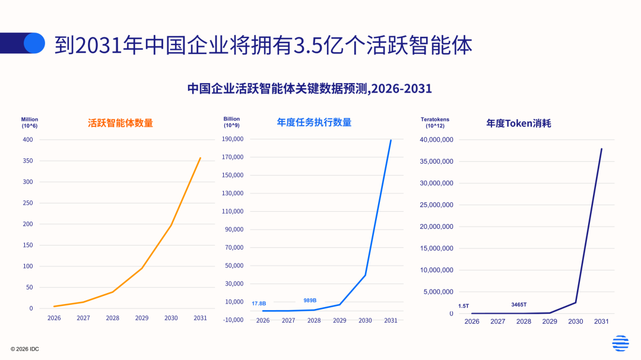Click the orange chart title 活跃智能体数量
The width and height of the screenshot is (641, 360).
click(x=120, y=123)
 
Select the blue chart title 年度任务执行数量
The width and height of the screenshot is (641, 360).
click(x=314, y=122)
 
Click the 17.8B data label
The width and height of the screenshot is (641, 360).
click(x=259, y=304)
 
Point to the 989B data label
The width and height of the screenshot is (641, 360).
click(x=310, y=301)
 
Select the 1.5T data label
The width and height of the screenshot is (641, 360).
click(x=464, y=306)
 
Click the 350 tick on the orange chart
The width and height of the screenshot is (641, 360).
click(x=27, y=161)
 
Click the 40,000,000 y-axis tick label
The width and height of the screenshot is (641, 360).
click(x=436, y=140)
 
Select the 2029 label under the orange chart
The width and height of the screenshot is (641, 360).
click(x=142, y=318)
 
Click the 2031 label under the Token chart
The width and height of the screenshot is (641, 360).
click(x=601, y=321)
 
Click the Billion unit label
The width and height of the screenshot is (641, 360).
click(x=231, y=119)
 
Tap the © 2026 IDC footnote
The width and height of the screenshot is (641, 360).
click(x=24, y=349)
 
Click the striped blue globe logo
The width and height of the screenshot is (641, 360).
click(x=620, y=343)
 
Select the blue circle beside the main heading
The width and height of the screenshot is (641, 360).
click(x=34, y=43)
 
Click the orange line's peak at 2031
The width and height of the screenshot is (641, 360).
click(x=201, y=158)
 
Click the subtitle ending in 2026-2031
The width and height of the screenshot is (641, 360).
click(x=309, y=88)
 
